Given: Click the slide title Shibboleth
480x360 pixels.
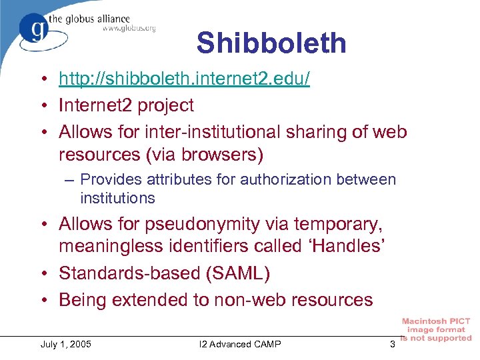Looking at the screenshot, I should point(271,43).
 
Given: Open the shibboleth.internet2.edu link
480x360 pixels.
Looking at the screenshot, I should point(184,79).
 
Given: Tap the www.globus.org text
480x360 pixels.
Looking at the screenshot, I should point(129,28).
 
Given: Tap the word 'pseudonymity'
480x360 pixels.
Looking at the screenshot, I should point(197,222).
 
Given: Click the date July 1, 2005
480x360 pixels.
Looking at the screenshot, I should point(66,344).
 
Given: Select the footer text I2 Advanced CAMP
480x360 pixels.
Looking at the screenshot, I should point(240,344).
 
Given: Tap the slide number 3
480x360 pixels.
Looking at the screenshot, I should point(393,344).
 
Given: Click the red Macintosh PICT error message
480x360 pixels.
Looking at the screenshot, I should point(436,330).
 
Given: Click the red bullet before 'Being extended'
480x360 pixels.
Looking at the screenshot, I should point(43,300).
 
